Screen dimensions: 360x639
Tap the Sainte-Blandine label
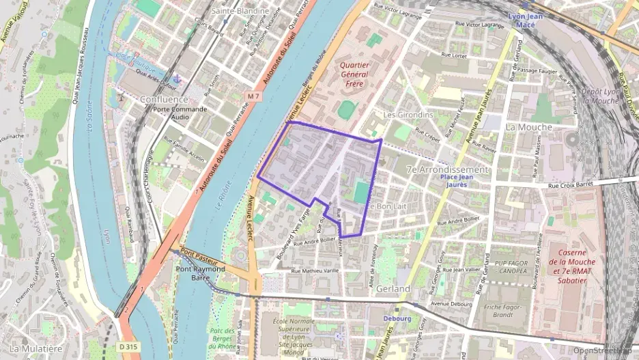(x=239, y=11)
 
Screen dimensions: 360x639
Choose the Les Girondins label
(x=408, y=115)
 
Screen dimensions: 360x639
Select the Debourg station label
(x=397, y=318)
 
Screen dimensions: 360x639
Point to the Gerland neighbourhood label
(x=393, y=290)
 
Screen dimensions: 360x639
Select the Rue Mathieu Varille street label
(x=315, y=271)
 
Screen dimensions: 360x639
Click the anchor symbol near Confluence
(x=176, y=79)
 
